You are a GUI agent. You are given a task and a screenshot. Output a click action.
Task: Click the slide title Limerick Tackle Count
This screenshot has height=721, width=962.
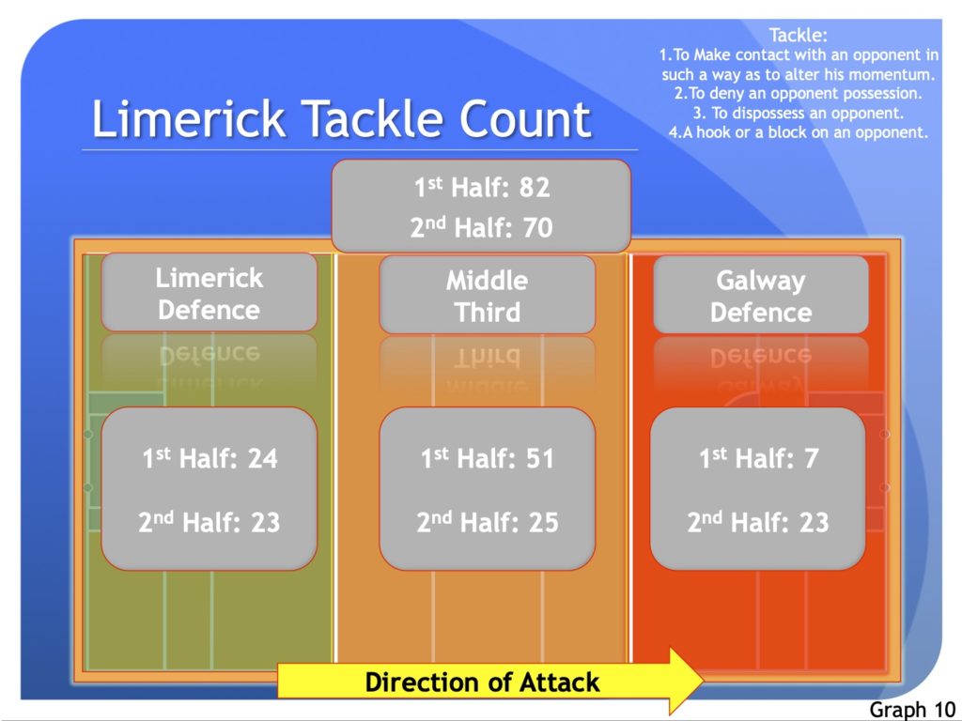coord(341,119)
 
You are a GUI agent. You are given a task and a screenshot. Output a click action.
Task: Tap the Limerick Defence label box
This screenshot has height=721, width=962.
coord(209,293)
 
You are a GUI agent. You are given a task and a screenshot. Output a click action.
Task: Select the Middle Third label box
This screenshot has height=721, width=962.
coord(488,295)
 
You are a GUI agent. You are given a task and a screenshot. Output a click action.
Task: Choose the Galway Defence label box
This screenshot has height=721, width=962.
coord(761,295)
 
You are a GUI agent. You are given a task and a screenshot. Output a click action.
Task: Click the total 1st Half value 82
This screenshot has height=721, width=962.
coord(535,188)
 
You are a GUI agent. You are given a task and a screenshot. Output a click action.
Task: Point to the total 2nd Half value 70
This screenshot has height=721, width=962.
coord(537,227)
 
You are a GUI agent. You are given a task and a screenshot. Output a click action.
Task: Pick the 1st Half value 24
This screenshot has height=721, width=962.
coord(263,458)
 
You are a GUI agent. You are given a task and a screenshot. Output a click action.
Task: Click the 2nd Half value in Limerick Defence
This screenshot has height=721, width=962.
coord(265,522)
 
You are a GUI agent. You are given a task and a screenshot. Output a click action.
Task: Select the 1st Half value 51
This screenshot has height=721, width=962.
coord(539,458)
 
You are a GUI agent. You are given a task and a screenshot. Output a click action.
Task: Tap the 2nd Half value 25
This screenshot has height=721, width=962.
coord(543,522)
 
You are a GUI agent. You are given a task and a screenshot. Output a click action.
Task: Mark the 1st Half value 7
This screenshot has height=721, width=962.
coord(811,458)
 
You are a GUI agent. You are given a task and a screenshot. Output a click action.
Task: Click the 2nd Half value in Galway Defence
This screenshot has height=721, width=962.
coord(814,522)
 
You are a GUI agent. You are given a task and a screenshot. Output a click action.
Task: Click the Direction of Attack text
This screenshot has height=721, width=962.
coord(482,683)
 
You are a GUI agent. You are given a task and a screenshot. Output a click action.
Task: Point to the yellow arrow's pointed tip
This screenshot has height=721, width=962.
coord(704,679)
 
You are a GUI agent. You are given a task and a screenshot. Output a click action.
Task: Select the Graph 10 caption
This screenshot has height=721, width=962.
coord(912,710)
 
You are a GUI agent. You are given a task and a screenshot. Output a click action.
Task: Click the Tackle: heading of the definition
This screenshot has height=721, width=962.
coord(799,35)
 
